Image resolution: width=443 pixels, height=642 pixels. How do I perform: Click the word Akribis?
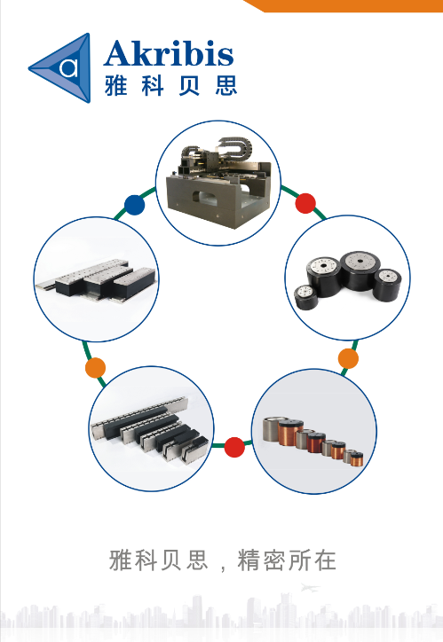pyautogui.click(x=169, y=53)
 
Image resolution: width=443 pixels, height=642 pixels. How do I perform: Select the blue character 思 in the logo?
pyautogui.click(x=225, y=86)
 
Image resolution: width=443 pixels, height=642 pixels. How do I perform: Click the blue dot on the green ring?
pyautogui.click(x=134, y=205)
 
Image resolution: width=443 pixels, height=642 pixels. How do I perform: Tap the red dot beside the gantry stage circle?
pyautogui.click(x=305, y=203)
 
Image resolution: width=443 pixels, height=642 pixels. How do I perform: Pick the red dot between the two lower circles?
pyautogui.click(x=234, y=447)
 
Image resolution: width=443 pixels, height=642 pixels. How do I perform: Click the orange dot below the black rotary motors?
pyautogui.click(x=348, y=358)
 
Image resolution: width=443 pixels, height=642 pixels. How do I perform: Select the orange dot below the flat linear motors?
pyautogui.click(x=96, y=368)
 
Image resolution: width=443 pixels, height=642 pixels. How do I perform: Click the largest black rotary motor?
pyautogui.click(x=360, y=270)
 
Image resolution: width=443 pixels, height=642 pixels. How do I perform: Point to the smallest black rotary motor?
pyautogui.click(x=306, y=297)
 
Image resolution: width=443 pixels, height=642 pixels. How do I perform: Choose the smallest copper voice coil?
pyautogui.click(x=357, y=459)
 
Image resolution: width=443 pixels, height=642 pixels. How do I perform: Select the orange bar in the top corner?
pyautogui.click(x=344, y=5)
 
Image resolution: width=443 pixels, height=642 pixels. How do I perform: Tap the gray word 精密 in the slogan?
pyautogui.click(x=261, y=560)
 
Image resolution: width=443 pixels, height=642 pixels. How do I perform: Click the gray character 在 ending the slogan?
pyautogui.click(x=325, y=560)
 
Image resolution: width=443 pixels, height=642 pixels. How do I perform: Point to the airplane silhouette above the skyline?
pyautogui.click(x=310, y=588)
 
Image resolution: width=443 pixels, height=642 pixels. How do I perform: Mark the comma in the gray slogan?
pyautogui.click(x=223, y=568)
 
